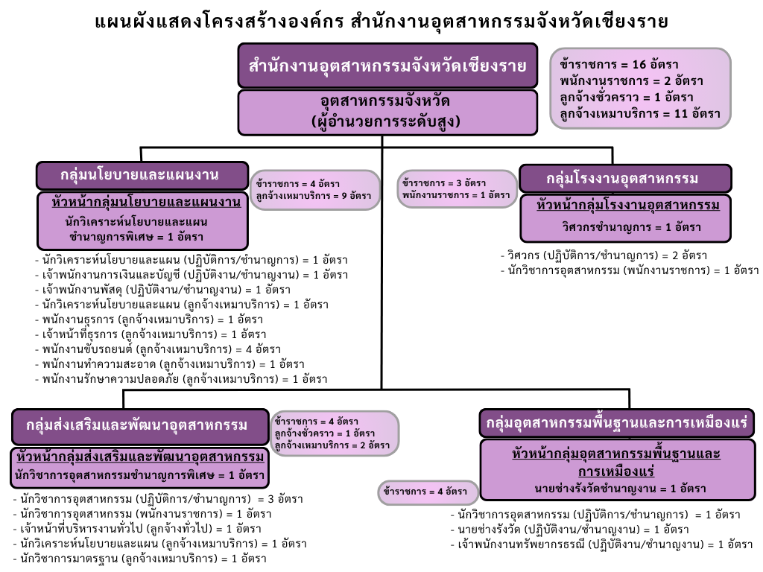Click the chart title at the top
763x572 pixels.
[381, 22]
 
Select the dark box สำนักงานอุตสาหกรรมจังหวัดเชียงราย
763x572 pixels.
[387, 66]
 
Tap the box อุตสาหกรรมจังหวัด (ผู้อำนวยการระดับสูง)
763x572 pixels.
[387, 112]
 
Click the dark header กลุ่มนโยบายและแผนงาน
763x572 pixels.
[142, 176]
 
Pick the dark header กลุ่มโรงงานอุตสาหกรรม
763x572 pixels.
[625, 179]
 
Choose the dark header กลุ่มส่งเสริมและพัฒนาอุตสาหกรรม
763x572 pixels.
[140, 426]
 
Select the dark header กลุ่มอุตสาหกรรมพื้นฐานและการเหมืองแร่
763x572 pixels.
[616, 423]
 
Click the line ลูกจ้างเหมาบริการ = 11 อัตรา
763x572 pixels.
[640, 114]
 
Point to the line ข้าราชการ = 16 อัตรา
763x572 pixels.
[619, 64]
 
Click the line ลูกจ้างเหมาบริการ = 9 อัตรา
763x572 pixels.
[314, 196]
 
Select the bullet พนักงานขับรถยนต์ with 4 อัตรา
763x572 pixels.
[158, 349]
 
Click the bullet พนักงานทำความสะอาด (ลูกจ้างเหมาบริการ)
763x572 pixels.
[170, 364]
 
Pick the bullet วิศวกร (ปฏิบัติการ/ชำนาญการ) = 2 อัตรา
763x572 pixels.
[604, 255]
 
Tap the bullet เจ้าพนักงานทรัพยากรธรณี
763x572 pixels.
[602, 544]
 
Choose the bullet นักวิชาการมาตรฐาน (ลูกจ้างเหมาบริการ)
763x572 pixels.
[139, 559]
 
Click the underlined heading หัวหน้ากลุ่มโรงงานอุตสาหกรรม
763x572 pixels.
[627, 206]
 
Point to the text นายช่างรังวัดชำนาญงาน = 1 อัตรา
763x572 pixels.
[620, 489]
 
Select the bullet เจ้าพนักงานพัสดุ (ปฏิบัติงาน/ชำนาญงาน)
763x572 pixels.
[163, 290]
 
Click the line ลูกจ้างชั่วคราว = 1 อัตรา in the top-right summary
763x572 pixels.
[627, 98]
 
